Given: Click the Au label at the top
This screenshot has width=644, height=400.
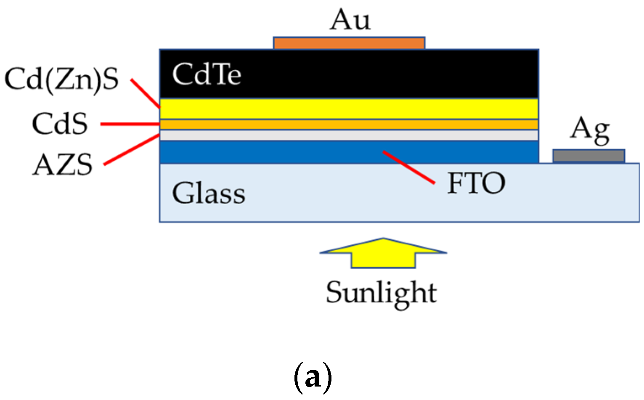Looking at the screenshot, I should pyautogui.click(x=350, y=20).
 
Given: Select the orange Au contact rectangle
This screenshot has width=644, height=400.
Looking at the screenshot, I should pyautogui.click(x=349, y=43).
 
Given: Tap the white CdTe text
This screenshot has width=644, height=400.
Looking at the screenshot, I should pyautogui.click(x=207, y=74).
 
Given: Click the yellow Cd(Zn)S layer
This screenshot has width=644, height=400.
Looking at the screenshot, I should pyautogui.click(x=349, y=109).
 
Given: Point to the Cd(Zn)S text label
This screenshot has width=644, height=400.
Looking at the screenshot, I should pyautogui.click(x=62, y=79).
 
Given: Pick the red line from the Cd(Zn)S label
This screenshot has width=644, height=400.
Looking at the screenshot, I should pyautogui.click(x=145, y=93).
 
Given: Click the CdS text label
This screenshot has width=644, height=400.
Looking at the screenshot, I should pyautogui.click(x=60, y=124).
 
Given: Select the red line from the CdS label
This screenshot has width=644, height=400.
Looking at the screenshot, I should pyautogui.click(x=130, y=124).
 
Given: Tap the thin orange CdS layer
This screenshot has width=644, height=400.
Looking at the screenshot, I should pyautogui.click(x=349, y=125).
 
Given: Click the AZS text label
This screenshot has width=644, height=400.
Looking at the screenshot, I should pyautogui.click(x=63, y=164).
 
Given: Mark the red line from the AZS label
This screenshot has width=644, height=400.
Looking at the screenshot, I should pyautogui.click(x=132, y=149).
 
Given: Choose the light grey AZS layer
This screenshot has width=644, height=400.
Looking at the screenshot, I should pyautogui.click(x=349, y=135).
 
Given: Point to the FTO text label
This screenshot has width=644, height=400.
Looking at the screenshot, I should pyautogui.click(x=476, y=183).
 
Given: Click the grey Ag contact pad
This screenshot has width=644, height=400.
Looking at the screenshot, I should pyautogui.click(x=588, y=156).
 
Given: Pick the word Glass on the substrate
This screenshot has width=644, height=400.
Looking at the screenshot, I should pyautogui.click(x=209, y=193).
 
